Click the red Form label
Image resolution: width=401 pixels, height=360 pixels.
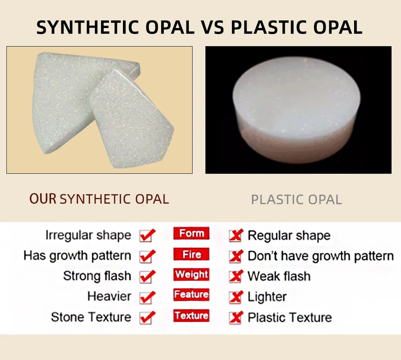point(191,234)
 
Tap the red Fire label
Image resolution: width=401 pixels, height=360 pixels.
point(191,254)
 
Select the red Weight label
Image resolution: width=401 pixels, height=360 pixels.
point(191,274)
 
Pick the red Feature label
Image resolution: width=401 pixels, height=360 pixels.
point(191,295)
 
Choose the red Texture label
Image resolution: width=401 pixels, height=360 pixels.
point(191,315)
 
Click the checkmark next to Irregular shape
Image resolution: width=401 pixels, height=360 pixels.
point(147,235)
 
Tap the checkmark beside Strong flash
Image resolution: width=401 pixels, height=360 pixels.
point(147,276)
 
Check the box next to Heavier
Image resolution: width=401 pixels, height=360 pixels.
point(147,297)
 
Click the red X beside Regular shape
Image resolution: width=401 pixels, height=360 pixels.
point(235,236)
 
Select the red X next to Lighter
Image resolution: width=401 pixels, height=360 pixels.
point(235,297)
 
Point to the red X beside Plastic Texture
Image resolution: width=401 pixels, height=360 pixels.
point(235,318)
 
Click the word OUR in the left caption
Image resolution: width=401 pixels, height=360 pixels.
point(43,199)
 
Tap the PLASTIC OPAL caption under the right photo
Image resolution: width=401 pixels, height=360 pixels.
point(296,199)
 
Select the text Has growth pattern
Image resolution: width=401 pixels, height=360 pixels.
point(77,256)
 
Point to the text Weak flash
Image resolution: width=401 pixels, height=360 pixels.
point(279,276)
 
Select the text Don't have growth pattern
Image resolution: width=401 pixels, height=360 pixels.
point(320,256)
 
